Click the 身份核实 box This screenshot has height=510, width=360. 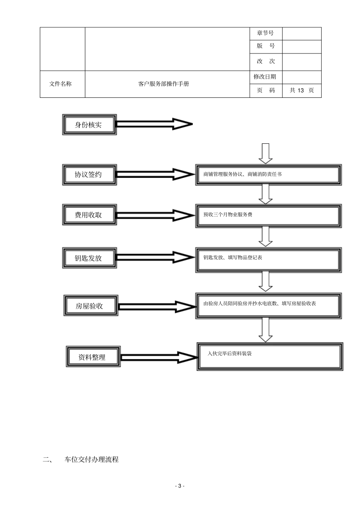tap(89, 124)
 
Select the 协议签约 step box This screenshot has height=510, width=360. tap(89, 174)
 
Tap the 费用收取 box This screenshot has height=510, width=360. tap(89, 215)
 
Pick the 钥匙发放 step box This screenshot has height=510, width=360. tap(89, 258)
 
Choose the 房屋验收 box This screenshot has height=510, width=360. tap(90, 306)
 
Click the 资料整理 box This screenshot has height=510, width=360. tap(93, 356)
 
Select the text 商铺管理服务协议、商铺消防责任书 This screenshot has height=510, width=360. tap(243, 174)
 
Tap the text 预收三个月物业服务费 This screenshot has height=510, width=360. tap(228, 215)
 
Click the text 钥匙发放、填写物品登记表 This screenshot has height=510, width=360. tap(233, 258)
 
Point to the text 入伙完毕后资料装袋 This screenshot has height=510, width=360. tap(230, 353)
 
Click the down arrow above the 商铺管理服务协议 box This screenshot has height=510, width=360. tap(265, 153)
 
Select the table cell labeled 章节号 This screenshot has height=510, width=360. tap(265, 33)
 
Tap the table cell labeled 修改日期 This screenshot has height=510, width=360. tap(265, 77)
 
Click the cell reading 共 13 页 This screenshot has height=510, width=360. tap(302, 91)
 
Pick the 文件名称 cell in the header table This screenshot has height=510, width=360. tap(61, 84)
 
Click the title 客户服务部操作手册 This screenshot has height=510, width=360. tap(164, 84)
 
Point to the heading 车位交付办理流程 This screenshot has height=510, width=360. tap(92, 460)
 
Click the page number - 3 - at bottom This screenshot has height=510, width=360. tap(180, 486)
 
